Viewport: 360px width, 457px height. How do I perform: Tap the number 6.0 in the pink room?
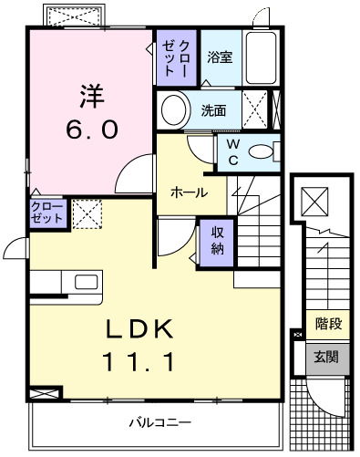pyautogui.click(x=89, y=129)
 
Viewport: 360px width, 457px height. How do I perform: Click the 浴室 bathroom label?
pyautogui.click(x=219, y=57)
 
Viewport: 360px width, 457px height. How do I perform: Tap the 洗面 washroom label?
pyautogui.click(x=214, y=111)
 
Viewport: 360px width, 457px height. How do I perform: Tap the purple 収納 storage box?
pyautogui.click(x=219, y=241)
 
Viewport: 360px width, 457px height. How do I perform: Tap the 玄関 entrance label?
pyautogui.click(x=327, y=356)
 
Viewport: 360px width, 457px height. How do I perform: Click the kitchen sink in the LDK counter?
pyautogui.click(x=87, y=281)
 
